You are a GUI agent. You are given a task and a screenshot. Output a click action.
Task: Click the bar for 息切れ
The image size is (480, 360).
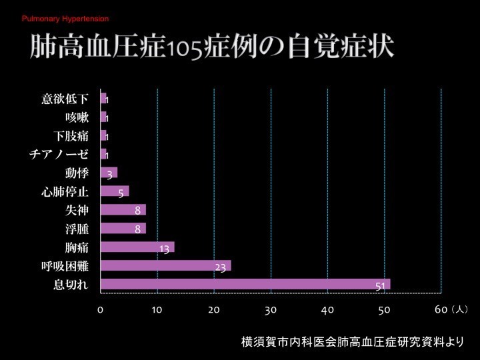(245, 285)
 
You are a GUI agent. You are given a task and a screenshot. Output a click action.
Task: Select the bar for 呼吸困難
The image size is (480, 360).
(165, 266)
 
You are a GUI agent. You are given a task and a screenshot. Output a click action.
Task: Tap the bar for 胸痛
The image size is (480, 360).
(137, 247)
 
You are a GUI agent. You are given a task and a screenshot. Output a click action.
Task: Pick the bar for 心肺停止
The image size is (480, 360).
(114, 191)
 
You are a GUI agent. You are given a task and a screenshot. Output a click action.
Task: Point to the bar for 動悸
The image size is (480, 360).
(109, 173)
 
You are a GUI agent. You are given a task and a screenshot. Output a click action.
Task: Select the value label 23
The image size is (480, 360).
(221, 267)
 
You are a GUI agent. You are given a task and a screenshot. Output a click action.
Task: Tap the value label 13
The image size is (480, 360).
(165, 249)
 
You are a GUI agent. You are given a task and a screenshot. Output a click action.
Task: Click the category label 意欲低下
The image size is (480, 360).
(65, 99)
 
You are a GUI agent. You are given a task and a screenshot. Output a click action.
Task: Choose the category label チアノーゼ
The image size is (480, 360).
(59, 155)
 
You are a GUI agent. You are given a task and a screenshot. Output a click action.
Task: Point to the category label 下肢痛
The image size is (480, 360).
(71, 136)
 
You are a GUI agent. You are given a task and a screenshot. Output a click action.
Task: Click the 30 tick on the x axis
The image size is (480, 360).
(270, 310)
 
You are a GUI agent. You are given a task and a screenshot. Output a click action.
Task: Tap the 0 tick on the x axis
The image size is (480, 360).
(100, 310)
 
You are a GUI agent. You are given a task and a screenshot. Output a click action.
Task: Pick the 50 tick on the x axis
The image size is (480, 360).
(384, 310)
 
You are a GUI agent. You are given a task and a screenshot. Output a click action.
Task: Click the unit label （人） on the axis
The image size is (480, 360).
(460, 310)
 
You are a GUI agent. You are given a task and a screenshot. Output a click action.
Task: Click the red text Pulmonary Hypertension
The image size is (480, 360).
(65, 19)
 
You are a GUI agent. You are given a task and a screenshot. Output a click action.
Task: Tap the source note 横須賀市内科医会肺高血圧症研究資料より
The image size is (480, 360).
(353, 342)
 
